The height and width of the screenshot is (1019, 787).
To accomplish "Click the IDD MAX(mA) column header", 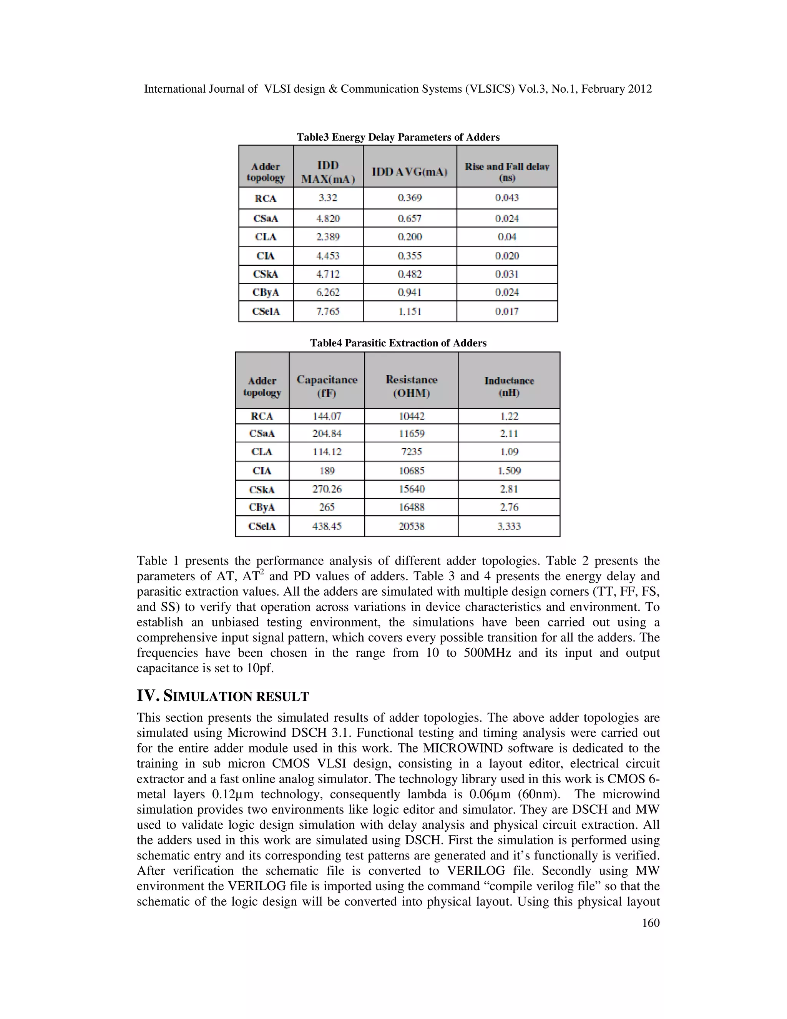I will [x=328, y=172].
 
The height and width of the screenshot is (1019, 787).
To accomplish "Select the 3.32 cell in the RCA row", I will [x=328, y=198].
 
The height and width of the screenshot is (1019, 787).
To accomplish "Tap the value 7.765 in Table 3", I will [x=328, y=311].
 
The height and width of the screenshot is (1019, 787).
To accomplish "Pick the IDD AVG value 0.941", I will [x=409, y=293].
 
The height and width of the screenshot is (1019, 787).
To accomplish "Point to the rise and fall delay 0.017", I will [x=507, y=311].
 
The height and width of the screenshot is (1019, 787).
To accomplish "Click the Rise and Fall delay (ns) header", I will [x=507, y=172].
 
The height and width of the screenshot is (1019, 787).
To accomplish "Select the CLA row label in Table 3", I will [x=266, y=237].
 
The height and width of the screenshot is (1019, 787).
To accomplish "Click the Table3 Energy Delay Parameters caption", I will [x=398, y=137].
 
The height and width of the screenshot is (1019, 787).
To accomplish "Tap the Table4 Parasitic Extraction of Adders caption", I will [x=398, y=343].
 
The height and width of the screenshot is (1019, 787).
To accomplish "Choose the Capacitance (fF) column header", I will [x=327, y=386].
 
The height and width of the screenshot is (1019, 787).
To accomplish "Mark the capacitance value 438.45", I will [x=327, y=526].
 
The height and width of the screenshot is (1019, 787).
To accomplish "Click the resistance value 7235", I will [x=411, y=452].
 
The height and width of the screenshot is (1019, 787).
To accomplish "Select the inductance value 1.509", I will [x=509, y=471].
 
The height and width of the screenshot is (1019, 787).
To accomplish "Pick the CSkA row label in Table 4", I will [x=262, y=490].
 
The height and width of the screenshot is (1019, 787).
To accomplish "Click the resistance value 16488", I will [x=411, y=507].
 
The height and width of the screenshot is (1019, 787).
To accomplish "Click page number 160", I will [x=651, y=923].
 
